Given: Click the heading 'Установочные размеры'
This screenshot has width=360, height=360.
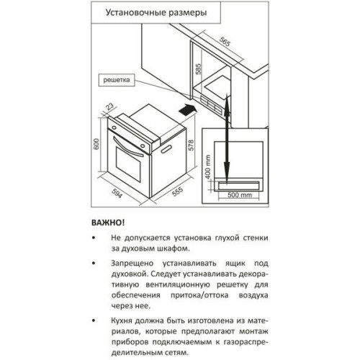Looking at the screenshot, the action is (156, 12).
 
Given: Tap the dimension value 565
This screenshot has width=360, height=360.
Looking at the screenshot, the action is (225, 42).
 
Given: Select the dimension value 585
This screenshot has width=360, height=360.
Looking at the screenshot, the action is (198, 69).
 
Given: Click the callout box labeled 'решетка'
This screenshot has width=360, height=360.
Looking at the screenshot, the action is (117, 80).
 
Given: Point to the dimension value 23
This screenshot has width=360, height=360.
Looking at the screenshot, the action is (109, 107).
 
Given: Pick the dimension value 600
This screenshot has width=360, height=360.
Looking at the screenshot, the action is (96, 144).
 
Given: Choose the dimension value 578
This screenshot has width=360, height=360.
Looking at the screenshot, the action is (191, 145).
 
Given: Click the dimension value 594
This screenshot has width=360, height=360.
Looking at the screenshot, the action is (117, 192).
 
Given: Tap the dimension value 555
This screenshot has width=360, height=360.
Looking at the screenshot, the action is (178, 192).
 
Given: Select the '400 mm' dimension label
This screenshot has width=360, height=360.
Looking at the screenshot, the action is (208, 167).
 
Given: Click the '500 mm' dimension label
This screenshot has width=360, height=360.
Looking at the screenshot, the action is (240, 195).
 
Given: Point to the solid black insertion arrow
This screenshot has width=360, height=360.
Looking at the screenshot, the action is (188, 110).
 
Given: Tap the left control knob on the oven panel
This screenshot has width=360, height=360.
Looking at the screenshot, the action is (114, 127).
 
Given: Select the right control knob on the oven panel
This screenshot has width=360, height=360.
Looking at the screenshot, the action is (143, 145).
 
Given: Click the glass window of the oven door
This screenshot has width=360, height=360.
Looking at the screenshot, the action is (128, 164).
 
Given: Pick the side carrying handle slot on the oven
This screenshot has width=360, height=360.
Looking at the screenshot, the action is (167, 148).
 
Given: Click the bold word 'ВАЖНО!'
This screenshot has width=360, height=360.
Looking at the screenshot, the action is (108, 222).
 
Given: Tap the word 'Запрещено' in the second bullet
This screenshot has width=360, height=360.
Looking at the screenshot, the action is (132, 264).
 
